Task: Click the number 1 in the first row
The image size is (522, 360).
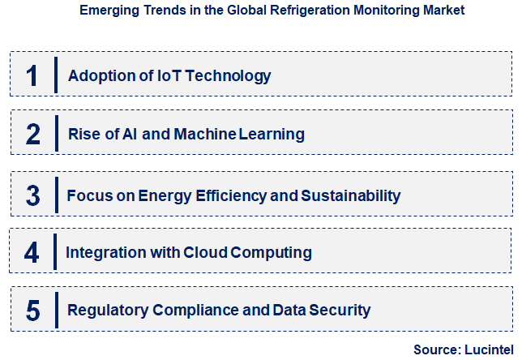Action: coord(32,76)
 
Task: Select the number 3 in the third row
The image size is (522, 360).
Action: coord(33,195)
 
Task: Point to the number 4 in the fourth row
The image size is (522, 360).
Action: coord(32,253)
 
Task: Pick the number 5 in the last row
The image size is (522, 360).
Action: coord(32,311)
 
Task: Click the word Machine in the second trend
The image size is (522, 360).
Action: coord(204,135)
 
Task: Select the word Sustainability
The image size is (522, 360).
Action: coord(351,195)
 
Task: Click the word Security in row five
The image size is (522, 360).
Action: coord(340,311)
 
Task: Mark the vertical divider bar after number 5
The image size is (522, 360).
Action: coord(57,310)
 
